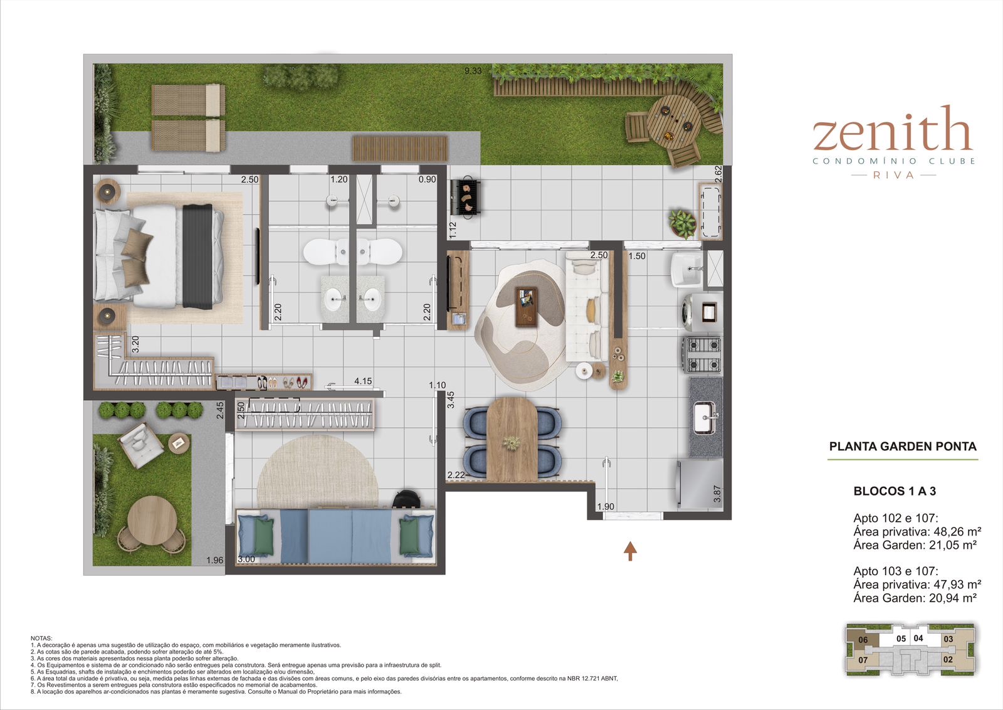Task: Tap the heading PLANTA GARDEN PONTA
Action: [902, 446]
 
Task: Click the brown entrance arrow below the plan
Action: [631, 551]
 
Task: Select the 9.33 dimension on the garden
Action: [473, 71]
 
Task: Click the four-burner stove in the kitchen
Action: [701, 355]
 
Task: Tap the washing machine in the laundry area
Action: [702, 312]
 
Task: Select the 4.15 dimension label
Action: [363, 381]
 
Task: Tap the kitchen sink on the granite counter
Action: [705, 418]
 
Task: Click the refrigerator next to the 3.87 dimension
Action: [700, 485]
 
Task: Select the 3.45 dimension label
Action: [451, 400]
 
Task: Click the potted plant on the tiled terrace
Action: [682, 223]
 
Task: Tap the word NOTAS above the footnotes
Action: [41, 638]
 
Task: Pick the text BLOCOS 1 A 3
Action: [895, 491]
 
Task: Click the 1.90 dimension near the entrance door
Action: [606, 507]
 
